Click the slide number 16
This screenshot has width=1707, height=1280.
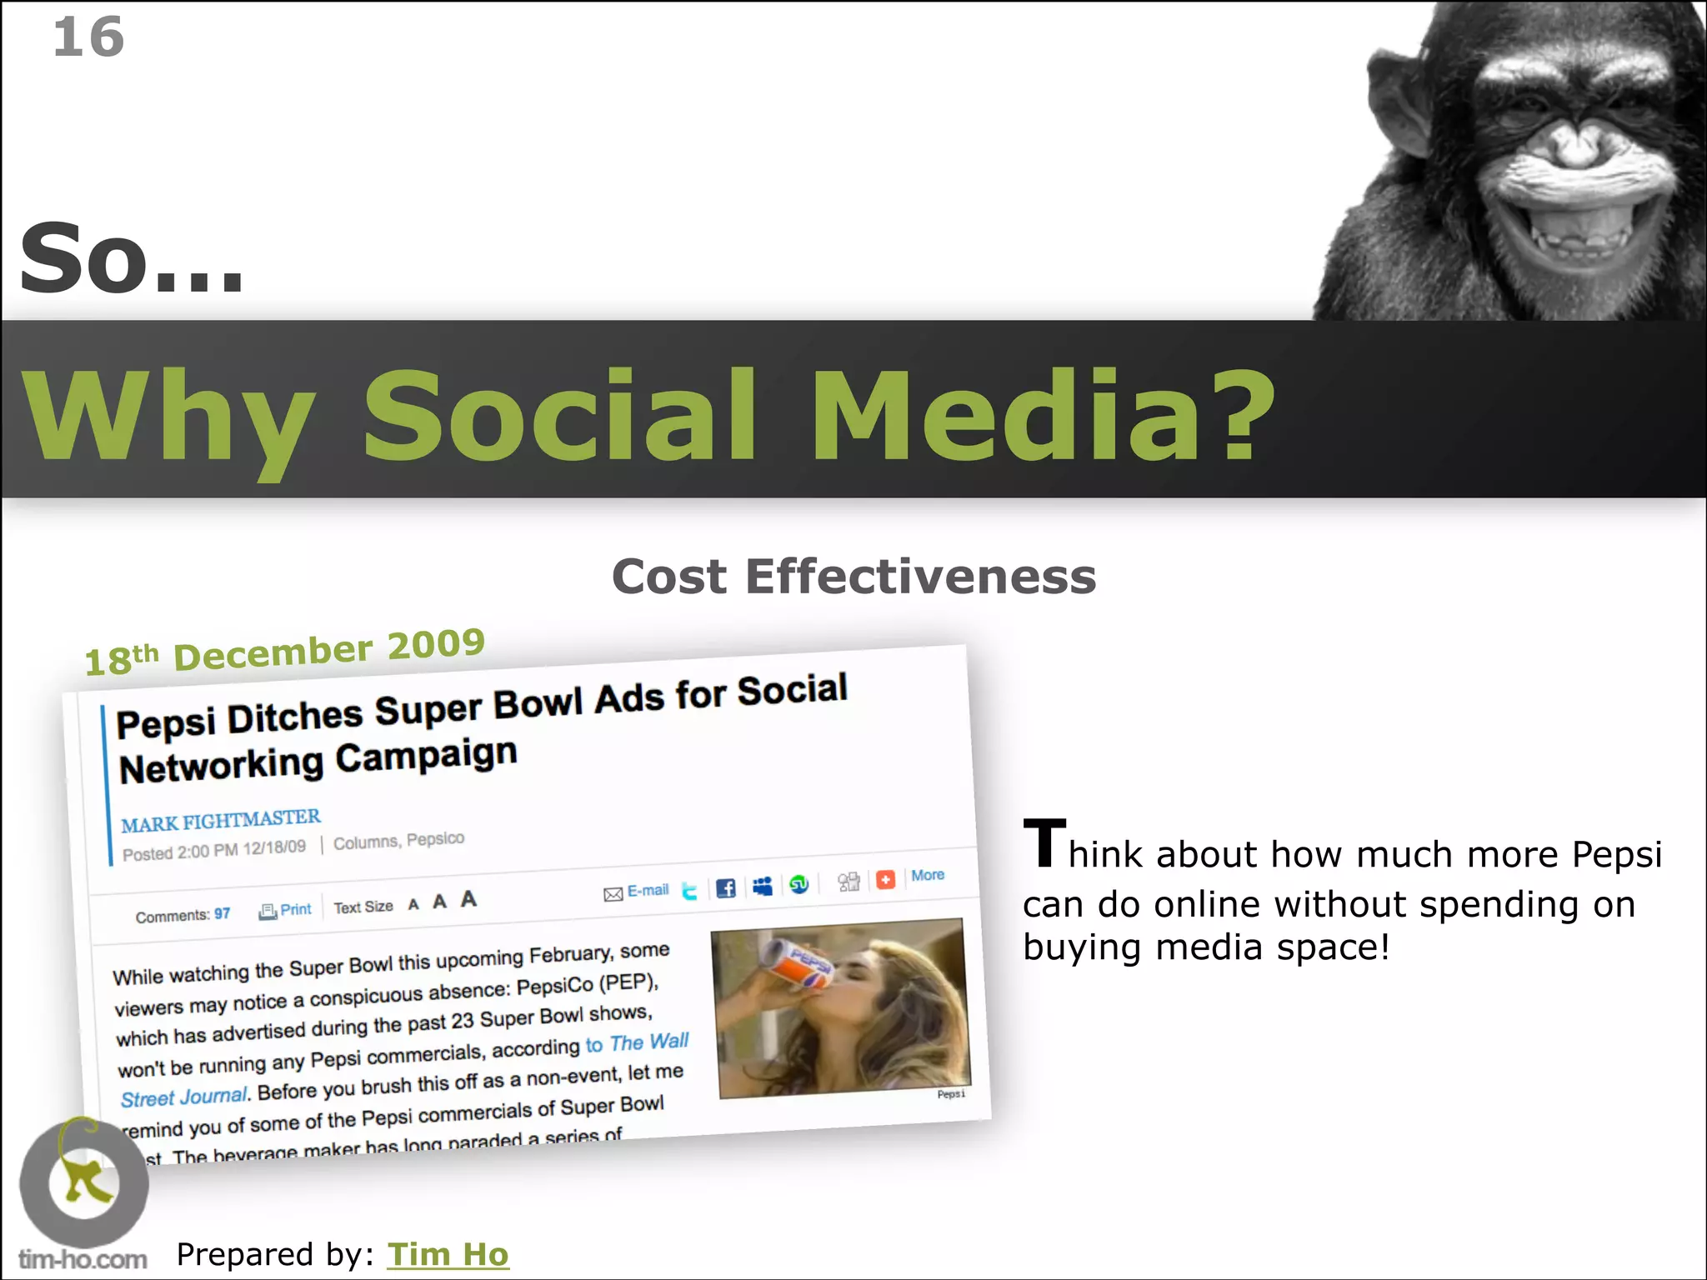88,37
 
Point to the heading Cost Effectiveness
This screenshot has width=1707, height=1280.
853,577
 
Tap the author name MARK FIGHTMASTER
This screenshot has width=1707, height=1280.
221,821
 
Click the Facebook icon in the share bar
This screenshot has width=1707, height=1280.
726,888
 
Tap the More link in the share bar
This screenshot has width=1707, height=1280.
928,875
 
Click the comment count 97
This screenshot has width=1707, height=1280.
223,913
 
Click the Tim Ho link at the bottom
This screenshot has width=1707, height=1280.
448,1254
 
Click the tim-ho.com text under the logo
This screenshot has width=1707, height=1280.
83,1259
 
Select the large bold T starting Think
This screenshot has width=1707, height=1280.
1044,843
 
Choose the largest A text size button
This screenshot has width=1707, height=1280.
468,898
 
